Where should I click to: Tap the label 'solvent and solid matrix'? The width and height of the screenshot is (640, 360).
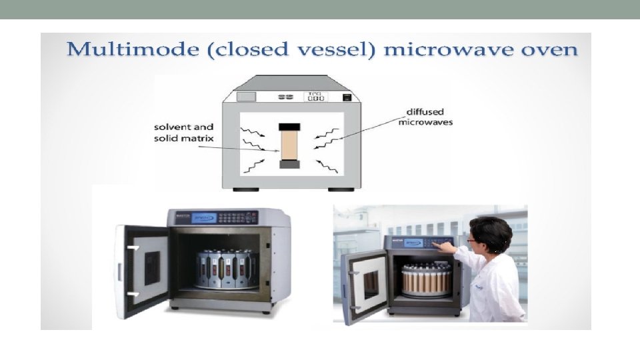coord(184,132)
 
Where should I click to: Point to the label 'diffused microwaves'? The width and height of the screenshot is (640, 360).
coord(425,117)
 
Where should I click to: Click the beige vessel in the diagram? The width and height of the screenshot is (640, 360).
coord(291,145)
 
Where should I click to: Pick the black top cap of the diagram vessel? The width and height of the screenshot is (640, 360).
coord(291,127)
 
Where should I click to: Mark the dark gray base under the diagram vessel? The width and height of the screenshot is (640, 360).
coord(291,164)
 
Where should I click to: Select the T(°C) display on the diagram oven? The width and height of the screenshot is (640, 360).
coord(315,97)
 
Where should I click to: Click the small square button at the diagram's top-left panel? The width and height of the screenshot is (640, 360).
coord(245,97)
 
